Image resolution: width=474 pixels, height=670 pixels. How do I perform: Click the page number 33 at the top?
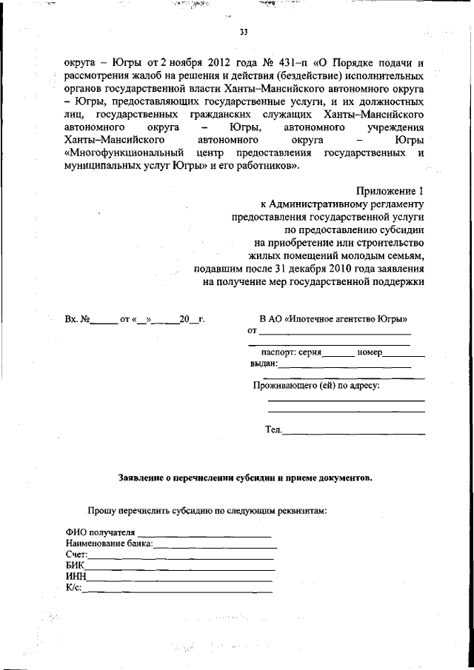[244, 33]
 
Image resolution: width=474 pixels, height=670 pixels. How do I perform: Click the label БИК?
[74, 566]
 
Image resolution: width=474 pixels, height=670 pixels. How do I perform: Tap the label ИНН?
[76, 577]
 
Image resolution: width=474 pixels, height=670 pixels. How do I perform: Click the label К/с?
[73, 588]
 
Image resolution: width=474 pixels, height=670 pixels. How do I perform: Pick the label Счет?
[76, 555]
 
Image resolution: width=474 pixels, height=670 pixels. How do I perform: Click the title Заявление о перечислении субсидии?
[246, 478]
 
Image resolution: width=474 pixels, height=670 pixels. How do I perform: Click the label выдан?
[264, 364]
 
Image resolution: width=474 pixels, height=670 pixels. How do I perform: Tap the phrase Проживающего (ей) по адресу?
[316, 386]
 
